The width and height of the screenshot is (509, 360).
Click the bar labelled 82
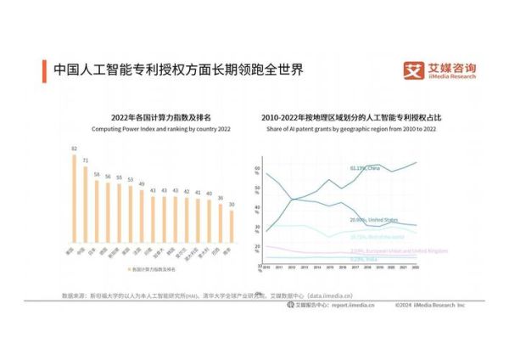pyautogui.click(x=75, y=200)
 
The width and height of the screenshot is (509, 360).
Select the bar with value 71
pyautogui.click(x=86, y=206)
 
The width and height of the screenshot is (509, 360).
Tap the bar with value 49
pyautogui.click(x=142, y=217)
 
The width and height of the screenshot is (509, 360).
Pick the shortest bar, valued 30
pyautogui.click(x=231, y=227)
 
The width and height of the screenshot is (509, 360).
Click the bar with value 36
pyautogui.click(x=220, y=223)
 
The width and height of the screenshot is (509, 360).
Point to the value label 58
pyautogui.click(x=97, y=175)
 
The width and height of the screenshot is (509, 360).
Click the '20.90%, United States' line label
pyautogui.click(x=374, y=219)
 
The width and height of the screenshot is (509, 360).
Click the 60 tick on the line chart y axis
pyautogui.click(x=257, y=168)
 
